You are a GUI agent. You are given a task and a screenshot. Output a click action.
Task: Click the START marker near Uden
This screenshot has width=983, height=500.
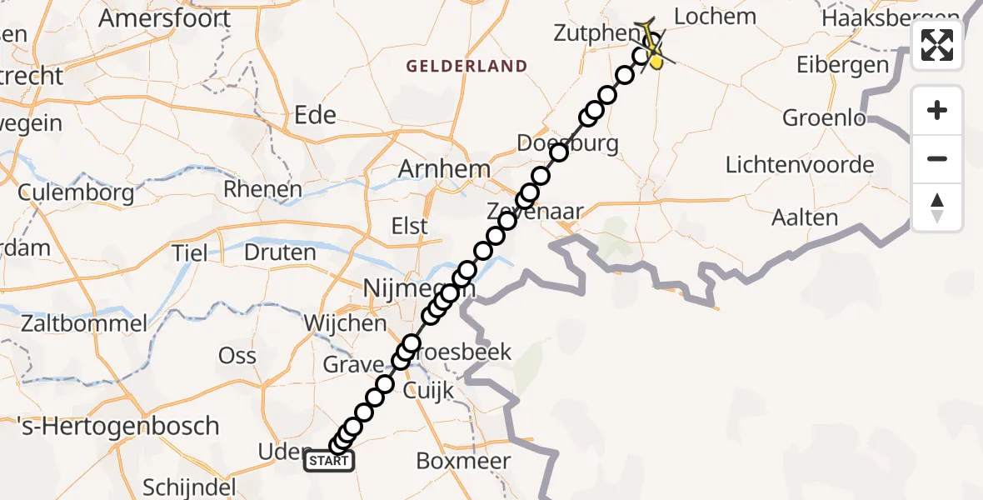click(329, 461)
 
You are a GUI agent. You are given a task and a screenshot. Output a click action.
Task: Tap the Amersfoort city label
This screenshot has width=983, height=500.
click(164, 17)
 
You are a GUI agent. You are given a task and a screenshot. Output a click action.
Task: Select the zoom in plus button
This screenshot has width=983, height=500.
click(937, 111)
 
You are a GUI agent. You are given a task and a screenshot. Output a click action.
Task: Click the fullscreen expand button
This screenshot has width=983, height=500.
click(937, 45)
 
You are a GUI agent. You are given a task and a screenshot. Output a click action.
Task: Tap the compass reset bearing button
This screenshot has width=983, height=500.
click(937, 207)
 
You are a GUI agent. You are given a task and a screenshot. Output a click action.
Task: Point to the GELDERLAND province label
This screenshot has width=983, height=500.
click(467, 66)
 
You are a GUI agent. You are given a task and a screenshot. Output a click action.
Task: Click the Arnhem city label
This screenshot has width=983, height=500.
click(444, 168)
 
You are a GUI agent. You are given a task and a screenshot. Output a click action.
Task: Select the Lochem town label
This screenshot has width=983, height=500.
click(714, 17)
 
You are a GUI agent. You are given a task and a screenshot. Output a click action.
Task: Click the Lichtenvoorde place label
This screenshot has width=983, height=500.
click(800, 164)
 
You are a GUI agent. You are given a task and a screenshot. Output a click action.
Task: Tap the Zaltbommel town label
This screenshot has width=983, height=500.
click(74, 323)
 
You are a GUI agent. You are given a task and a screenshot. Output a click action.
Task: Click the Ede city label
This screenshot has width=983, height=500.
click(316, 115)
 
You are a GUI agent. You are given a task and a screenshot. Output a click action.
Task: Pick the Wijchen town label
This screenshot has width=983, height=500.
click(345, 322)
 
